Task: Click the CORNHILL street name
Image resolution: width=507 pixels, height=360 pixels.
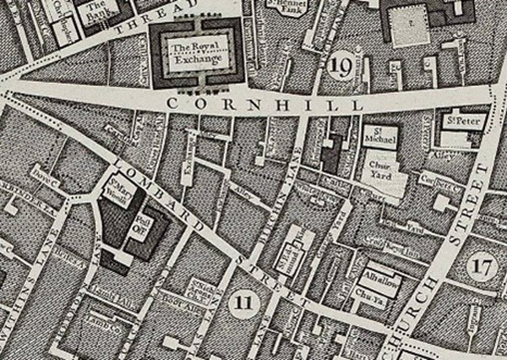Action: click(x=263, y=102)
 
